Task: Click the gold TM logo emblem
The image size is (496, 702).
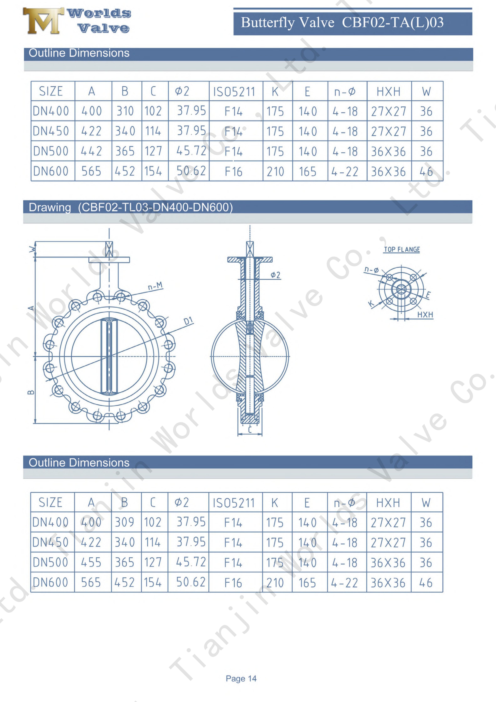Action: tap(43, 21)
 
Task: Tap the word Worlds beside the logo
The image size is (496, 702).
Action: tap(99, 13)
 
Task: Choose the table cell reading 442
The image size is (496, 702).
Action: tap(91, 151)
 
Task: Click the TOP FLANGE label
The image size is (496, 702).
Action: tap(402, 250)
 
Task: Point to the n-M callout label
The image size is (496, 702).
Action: tap(155, 286)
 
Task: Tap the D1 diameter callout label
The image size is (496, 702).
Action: tap(188, 321)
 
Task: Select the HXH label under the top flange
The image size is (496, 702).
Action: tap(425, 315)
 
